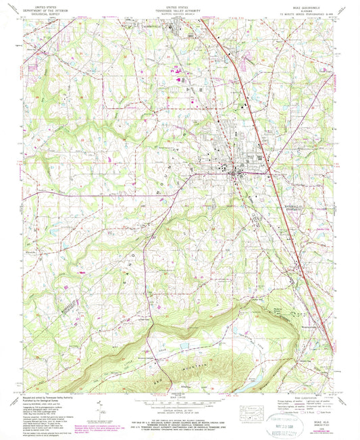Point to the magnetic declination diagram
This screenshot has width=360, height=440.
101,409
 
